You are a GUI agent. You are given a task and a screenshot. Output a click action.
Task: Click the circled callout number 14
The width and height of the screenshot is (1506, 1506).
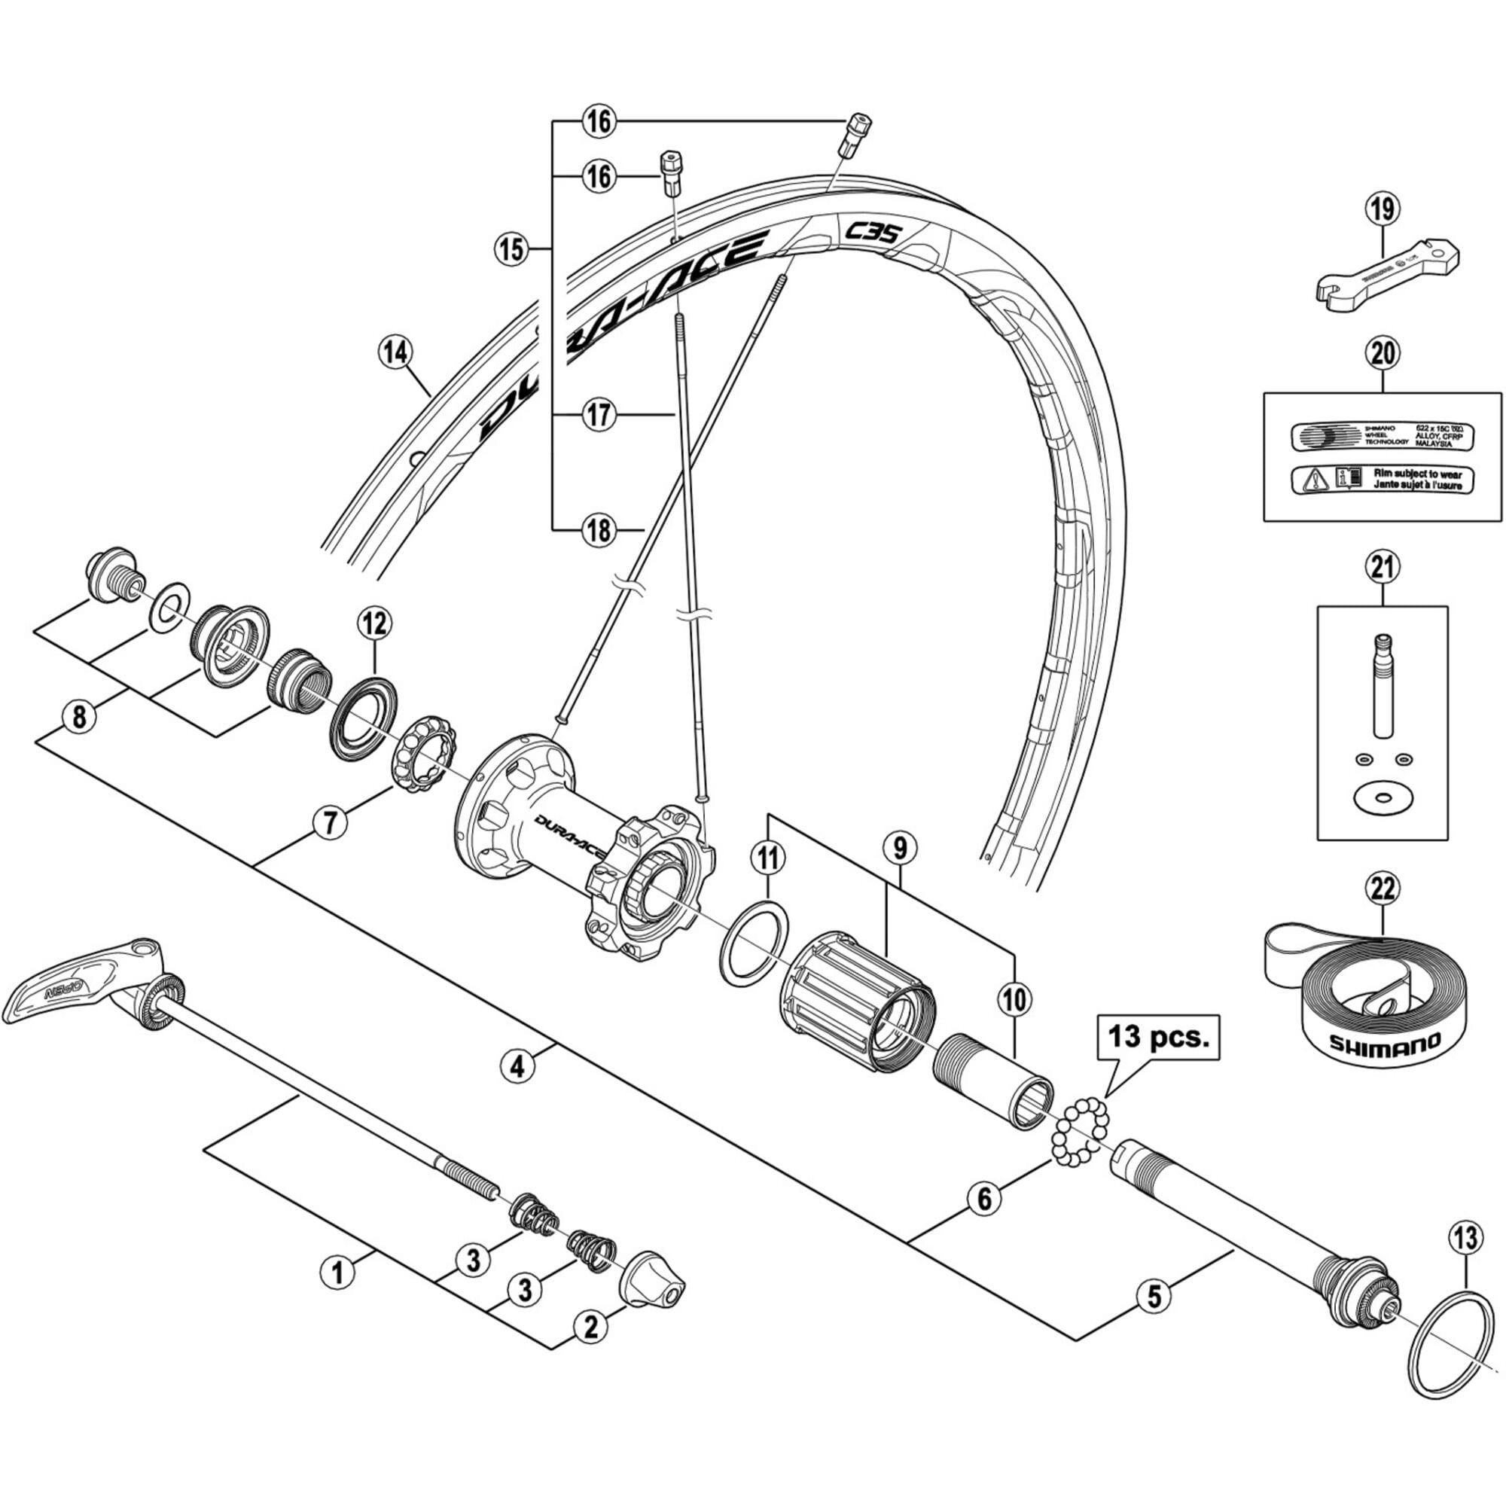[x=395, y=353]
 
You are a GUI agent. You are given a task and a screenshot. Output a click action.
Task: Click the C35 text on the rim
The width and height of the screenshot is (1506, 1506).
[x=873, y=231]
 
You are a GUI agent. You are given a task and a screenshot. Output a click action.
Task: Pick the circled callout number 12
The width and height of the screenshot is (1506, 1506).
[x=374, y=623]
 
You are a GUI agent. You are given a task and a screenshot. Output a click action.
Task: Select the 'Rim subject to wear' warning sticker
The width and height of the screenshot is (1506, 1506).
[x=1382, y=479]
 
